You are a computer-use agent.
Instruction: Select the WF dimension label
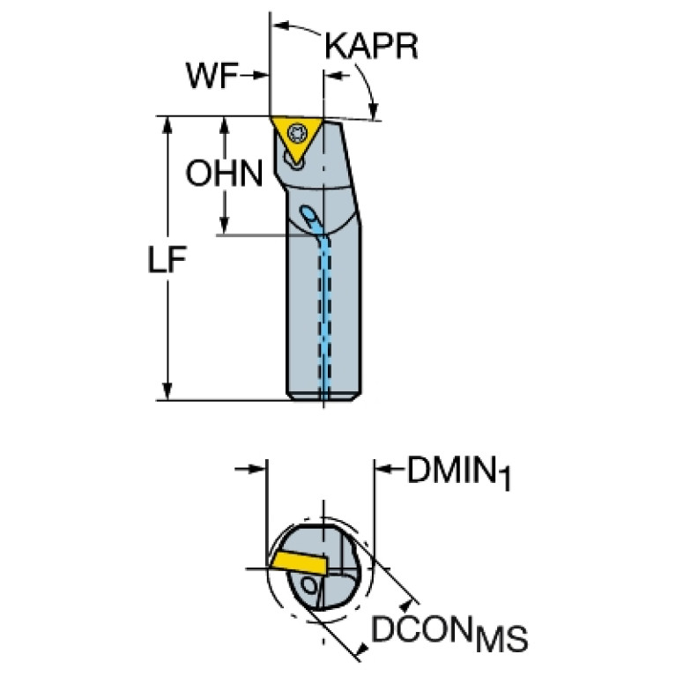click(x=212, y=77)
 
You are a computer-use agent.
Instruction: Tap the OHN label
click(x=224, y=174)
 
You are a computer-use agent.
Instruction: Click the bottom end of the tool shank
click(x=323, y=397)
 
